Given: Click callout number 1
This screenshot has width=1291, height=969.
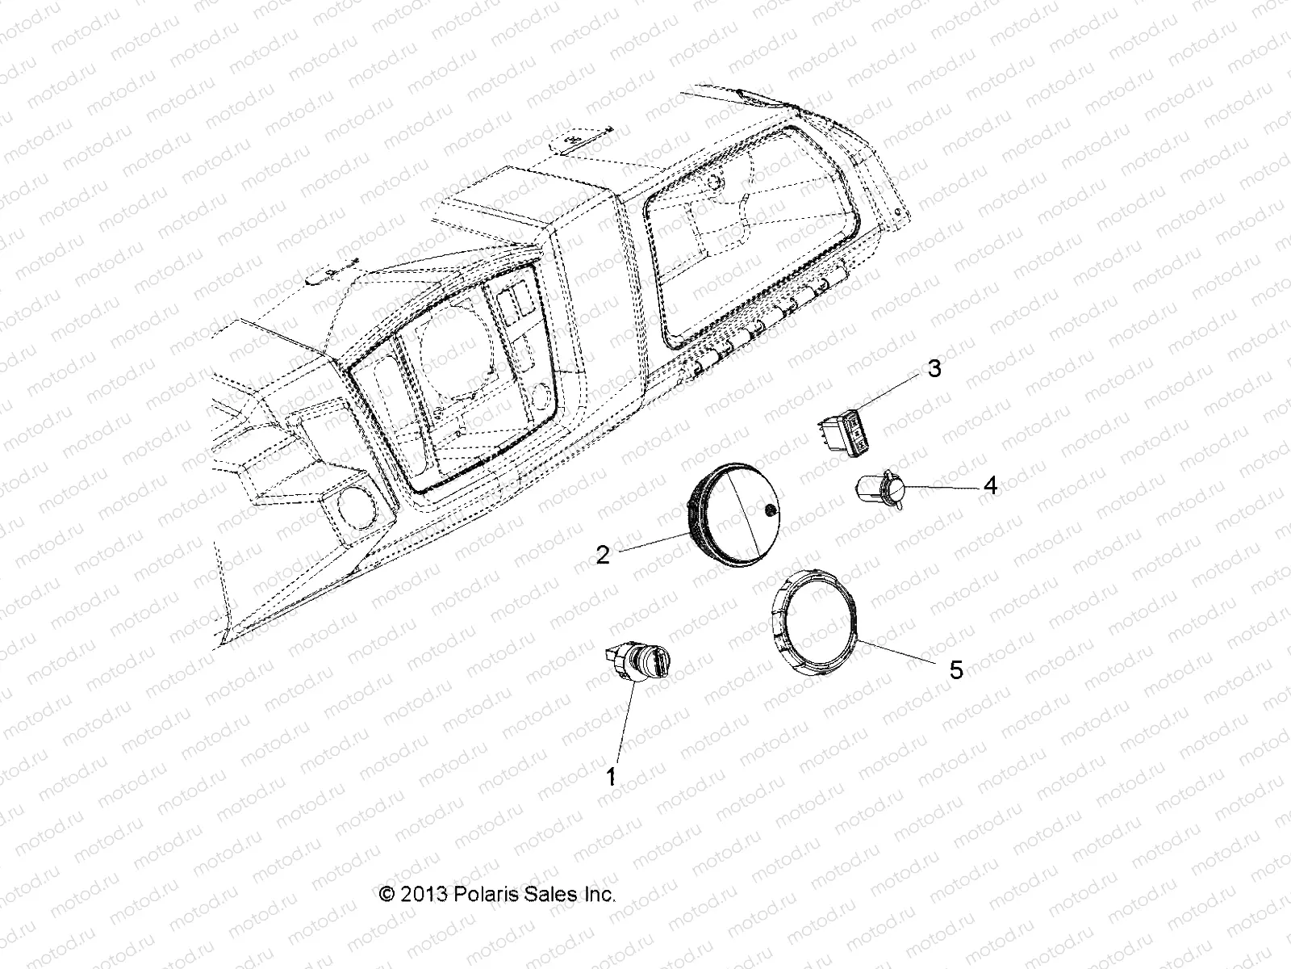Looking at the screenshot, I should click(612, 777).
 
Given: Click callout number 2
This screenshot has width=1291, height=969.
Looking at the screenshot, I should click(603, 556).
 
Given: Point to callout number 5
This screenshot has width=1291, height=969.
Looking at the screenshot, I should click(956, 669).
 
